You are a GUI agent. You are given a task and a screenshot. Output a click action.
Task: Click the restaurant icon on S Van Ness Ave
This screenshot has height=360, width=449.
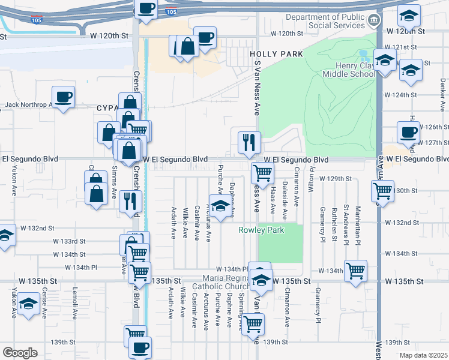click(x=249, y=143)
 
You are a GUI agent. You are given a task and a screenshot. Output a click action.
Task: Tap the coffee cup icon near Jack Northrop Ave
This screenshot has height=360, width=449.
click(x=63, y=97)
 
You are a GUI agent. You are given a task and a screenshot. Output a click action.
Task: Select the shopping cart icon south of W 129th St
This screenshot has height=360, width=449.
click(x=262, y=173)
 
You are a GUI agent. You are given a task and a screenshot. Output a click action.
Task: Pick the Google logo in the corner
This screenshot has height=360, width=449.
click(x=20, y=353)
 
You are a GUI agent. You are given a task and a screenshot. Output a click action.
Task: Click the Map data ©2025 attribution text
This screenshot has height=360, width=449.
click(x=423, y=355)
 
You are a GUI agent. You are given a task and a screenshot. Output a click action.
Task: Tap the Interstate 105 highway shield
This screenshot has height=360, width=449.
click(x=171, y=11)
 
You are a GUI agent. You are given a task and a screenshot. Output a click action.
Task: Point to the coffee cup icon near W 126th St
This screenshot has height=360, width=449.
click(x=409, y=132)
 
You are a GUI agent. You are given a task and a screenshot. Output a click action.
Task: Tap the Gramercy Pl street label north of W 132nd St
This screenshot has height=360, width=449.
click(x=322, y=221)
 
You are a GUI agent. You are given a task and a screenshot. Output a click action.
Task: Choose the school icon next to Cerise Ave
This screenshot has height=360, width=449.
click(x=28, y=304)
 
